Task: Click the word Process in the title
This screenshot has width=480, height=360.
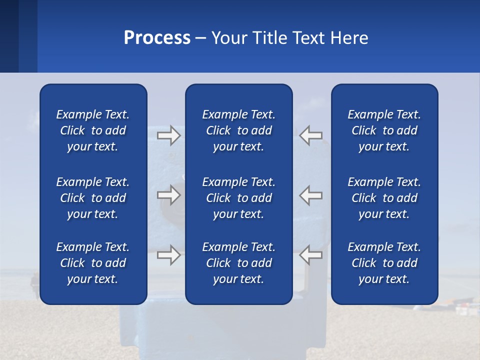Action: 157,38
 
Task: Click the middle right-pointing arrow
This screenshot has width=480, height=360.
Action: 168,195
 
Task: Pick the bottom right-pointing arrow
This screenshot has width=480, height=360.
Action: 168,255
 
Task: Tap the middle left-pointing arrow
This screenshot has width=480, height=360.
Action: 311,195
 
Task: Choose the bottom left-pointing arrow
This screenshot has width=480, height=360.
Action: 311,255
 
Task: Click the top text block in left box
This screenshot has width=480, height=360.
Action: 93,130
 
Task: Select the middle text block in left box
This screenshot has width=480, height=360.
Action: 93,198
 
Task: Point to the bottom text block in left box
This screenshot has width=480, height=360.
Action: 93,263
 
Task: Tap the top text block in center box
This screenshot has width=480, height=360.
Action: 239,130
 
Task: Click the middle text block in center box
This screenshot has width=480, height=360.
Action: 239,198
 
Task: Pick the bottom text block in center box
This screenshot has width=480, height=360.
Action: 239,263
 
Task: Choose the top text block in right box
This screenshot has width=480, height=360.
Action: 384,130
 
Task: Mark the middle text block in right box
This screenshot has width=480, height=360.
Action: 384,198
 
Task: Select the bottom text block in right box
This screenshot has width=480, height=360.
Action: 384,263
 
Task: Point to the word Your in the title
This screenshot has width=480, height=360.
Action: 228,38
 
